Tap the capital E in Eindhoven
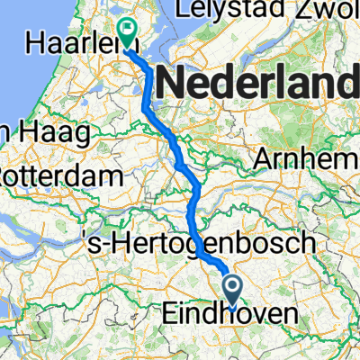[170, 316]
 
